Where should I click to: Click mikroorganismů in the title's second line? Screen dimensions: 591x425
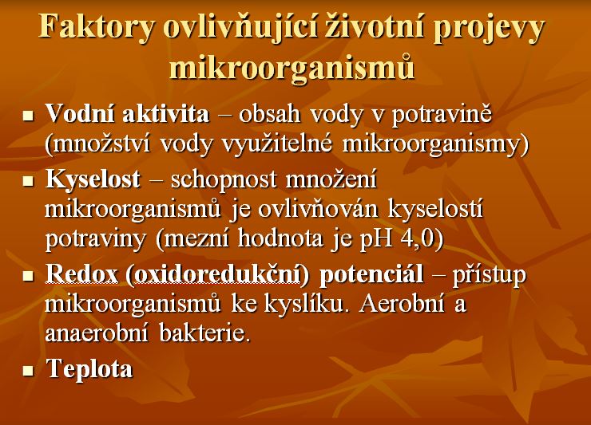click(292, 67)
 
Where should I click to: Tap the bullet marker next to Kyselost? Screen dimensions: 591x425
click(28, 182)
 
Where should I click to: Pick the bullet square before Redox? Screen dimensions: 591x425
click(28, 276)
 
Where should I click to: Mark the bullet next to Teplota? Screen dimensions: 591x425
click(28, 371)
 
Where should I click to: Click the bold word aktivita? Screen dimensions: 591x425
click(166, 113)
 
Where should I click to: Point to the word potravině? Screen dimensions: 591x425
click(442, 115)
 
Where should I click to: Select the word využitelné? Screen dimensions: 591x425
click(277, 144)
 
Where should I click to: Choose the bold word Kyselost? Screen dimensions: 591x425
click(93, 179)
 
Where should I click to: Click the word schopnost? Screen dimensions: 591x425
click(224, 180)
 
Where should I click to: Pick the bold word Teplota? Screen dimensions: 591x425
click(89, 368)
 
